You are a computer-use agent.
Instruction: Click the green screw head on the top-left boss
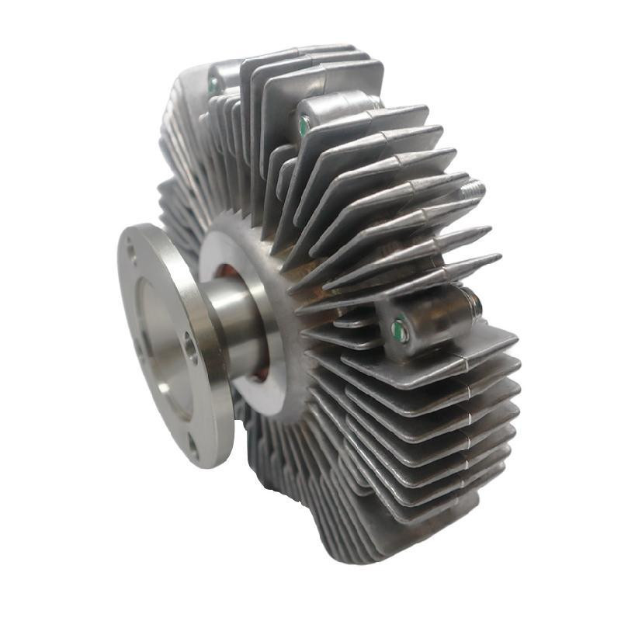[212, 85]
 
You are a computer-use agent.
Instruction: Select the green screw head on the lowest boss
[400, 329]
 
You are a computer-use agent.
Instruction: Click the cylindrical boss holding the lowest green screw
[431, 318]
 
